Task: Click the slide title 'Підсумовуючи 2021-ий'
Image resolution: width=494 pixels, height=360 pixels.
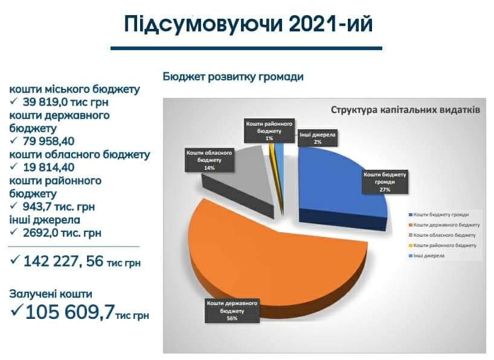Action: [x=249, y=24]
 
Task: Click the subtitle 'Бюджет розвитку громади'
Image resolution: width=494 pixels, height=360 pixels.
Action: [x=233, y=77]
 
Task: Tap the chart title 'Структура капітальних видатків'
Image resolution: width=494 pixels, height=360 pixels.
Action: [x=405, y=110]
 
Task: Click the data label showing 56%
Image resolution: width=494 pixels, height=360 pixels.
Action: [x=232, y=311]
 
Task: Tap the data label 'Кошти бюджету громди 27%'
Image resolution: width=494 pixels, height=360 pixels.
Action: [x=385, y=182]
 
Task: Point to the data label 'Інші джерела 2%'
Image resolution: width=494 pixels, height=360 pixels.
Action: [x=317, y=138]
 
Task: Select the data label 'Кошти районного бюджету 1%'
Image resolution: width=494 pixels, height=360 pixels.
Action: [x=269, y=131]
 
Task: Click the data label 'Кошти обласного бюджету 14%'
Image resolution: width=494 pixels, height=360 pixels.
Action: [x=209, y=160]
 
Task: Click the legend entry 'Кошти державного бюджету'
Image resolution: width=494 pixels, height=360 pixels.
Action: [x=444, y=225]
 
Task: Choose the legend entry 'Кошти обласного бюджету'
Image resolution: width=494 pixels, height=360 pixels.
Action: [x=442, y=235]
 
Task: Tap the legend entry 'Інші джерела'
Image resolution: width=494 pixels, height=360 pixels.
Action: [x=426, y=256]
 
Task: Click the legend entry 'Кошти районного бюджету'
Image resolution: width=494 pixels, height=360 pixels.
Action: [x=442, y=245]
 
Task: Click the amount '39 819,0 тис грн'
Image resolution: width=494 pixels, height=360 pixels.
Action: [x=66, y=102]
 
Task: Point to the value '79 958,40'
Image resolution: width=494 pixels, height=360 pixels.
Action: [x=48, y=141]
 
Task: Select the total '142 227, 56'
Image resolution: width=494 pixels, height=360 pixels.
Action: [x=63, y=262]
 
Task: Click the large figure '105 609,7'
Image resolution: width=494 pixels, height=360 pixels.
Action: [x=69, y=312]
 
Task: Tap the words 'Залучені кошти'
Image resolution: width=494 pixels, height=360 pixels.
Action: [x=51, y=294]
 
